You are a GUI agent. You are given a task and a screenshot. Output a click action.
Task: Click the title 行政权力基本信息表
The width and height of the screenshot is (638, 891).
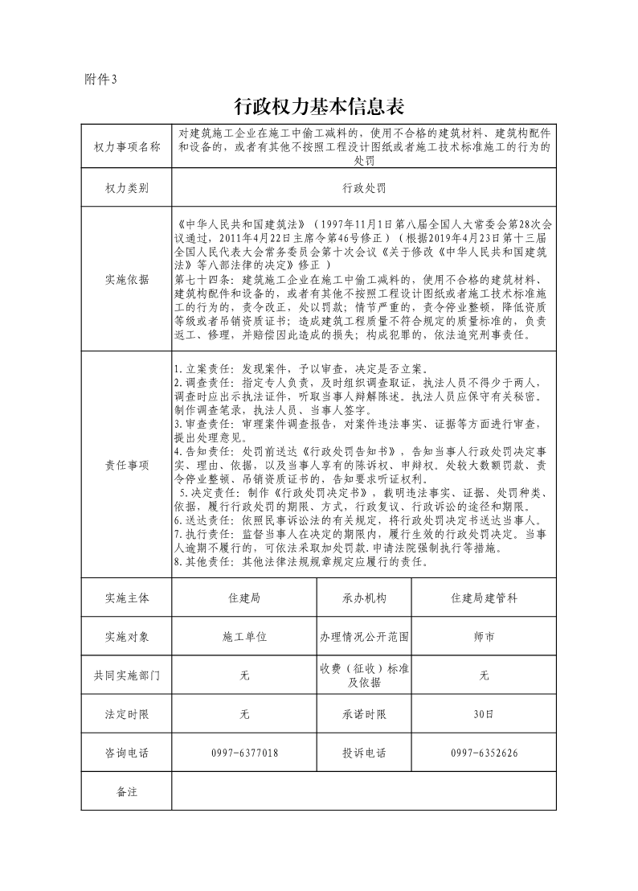coord(318,106)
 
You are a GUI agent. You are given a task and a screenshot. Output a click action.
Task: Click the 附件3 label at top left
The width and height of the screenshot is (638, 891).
coord(100,79)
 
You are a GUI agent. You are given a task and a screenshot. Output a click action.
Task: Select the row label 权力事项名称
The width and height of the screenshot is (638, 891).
coord(127,147)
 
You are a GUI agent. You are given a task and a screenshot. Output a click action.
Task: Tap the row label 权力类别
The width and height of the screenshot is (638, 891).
coord(127,188)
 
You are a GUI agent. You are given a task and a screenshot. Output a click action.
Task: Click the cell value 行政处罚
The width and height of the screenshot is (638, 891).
coord(364,188)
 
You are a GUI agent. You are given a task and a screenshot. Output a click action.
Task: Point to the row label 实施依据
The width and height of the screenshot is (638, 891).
coord(127,280)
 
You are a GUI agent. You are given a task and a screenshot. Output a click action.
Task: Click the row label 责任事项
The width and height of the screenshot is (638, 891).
coord(127,465)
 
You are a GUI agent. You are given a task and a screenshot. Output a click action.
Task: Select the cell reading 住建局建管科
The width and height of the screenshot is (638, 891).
coord(484,598)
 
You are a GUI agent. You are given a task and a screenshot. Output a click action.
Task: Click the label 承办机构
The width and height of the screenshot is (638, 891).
coord(364,598)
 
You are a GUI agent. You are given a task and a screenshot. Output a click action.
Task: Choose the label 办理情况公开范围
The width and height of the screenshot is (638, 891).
coord(364,637)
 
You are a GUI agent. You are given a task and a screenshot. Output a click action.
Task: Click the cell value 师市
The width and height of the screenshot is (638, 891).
coord(484,637)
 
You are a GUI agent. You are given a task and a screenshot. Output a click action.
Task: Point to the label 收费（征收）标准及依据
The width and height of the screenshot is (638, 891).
coord(364,675)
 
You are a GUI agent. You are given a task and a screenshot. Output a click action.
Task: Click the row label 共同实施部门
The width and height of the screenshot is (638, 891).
coord(127,675)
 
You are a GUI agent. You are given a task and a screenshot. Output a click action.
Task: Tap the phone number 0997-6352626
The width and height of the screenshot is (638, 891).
coord(484,753)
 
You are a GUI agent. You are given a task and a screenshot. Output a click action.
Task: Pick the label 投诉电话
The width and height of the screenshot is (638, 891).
coord(364,753)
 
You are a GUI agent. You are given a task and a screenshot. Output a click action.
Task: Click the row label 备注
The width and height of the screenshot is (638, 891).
coord(127,792)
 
